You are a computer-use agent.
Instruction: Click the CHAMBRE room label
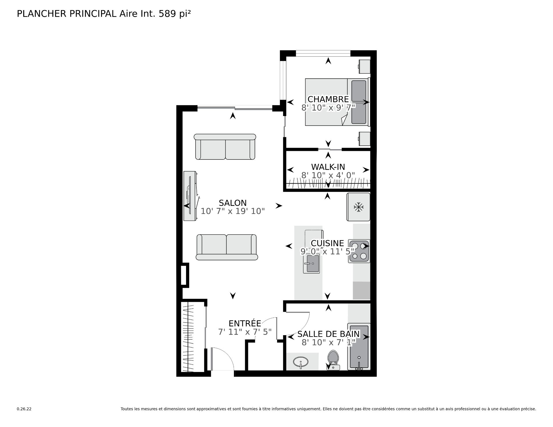[x=328, y=99]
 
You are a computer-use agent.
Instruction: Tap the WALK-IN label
[x=328, y=167]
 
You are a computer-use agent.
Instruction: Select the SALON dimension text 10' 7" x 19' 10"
[x=233, y=211]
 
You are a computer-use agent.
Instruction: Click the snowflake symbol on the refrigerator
[x=358, y=207]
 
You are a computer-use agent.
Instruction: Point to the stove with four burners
[x=359, y=251]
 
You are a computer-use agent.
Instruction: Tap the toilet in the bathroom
[x=333, y=360]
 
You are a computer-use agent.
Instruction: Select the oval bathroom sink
[x=301, y=362]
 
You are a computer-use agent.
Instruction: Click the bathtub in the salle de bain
[x=359, y=347]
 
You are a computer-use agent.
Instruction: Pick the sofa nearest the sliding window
[x=225, y=147]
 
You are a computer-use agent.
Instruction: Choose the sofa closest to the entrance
[x=227, y=247]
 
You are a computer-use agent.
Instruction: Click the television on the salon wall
[x=190, y=196]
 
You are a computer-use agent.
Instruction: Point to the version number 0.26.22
[x=24, y=409]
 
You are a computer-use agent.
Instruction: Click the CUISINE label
[x=327, y=243]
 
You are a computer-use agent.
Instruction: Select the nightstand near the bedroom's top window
[x=364, y=66]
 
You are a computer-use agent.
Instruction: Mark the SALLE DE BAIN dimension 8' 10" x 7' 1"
[x=329, y=342]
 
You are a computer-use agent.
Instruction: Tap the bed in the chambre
[x=337, y=102]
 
